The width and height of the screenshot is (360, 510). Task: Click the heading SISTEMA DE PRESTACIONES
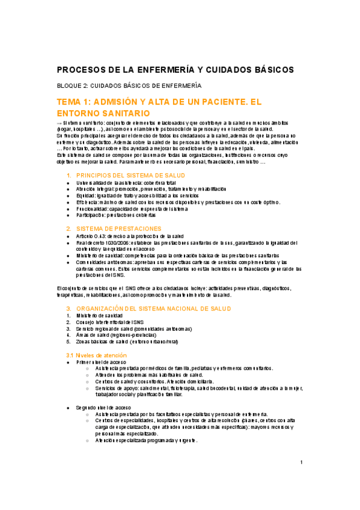coord(118,229)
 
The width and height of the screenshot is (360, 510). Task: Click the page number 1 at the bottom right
coord(301,462)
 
